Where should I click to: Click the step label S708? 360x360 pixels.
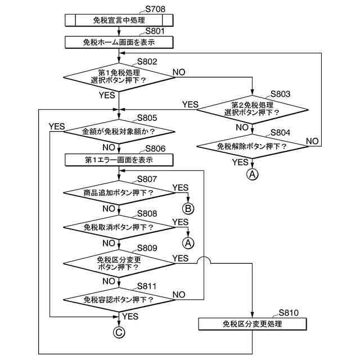pyautogui.click(x=155, y=9)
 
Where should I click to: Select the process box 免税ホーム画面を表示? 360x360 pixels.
pyautogui.click(x=119, y=42)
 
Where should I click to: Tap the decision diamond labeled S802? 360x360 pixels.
pyautogui.click(x=119, y=78)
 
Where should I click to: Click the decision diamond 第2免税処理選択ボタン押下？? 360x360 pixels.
pyautogui.click(x=253, y=110)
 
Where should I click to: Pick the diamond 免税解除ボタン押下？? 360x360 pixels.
pyautogui.click(x=253, y=146)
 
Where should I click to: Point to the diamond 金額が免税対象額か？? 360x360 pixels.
pyautogui.click(x=119, y=132)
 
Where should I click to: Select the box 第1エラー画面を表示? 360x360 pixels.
pyautogui.click(x=119, y=160)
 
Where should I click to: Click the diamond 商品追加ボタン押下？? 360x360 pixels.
pyautogui.click(x=119, y=192)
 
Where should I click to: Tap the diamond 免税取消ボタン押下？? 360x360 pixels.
pyautogui.click(x=119, y=227)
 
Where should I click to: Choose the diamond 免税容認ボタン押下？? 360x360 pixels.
pyautogui.click(x=119, y=300)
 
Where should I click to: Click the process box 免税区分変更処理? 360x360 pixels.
pyautogui.click(x=253, y=324)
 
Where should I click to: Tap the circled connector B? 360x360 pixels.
pyautogui.click(x=188, y=209)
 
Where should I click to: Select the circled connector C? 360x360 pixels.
pyautogui.click(x=119, y=332)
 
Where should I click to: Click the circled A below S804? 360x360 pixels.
pyautogui.click(x=253, y=174)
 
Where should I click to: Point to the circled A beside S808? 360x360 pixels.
pyautogui.click(x=188, y=243)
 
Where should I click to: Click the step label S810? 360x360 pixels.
pyautogui.click(x=289, y=313)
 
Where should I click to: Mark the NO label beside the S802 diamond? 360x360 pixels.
pyautogui.click(x=179, y=72)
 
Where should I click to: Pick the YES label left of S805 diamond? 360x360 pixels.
pyautogui.click(x=57, y=126)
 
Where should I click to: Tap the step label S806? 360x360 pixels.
pyautogui.click(x=155, y=148)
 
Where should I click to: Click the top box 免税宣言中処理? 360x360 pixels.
pyautogui.click(x=119, y=20)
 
